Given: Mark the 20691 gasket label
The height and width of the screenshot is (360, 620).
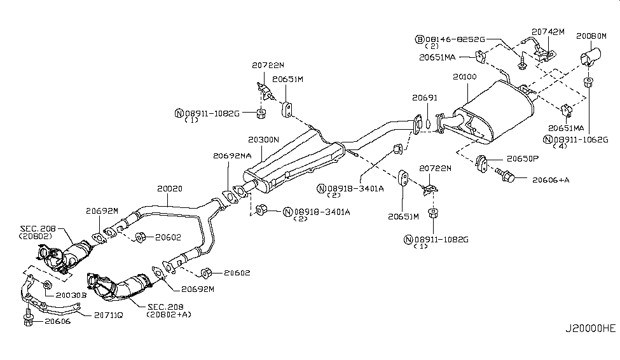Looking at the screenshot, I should [x=424, y=99].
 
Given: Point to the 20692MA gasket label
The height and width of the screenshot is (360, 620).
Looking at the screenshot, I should [x=232, y=155].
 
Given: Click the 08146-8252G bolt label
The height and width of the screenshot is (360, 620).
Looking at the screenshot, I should [x=455, y=39].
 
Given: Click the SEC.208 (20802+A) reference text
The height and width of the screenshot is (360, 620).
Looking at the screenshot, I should [x=169, y=310].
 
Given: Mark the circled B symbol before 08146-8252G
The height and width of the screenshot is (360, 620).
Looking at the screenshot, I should [x=419, y=39].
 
